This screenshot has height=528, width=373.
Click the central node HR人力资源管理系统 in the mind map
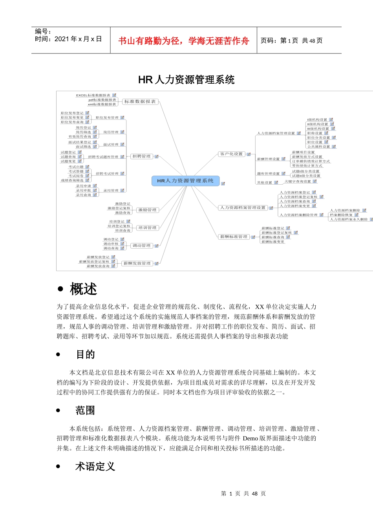pos(185,181)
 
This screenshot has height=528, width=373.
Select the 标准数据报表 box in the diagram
pos(140,102)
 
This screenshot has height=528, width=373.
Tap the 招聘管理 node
pos(141,156)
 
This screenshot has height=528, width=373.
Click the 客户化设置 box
pos(231,154)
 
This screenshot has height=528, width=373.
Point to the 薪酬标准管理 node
pos(234,237)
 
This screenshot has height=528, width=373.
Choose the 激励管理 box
pos(147,210)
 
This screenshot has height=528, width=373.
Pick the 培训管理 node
pos(147,228)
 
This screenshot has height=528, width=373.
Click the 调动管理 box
pos(141,246)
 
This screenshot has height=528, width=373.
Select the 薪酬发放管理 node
pos(137,263)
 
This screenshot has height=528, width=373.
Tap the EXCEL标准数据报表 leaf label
pos(93,95)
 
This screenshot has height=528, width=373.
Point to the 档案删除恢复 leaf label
pos(341,215)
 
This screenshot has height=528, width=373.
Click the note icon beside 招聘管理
pos(156,157)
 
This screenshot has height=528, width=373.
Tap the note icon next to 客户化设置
pos(248,154)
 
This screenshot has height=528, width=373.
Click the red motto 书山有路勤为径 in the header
pos(183,41)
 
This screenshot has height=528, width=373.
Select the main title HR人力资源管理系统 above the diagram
pos(186,80)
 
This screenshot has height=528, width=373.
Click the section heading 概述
pos(83,289)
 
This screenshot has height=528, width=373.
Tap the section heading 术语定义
pos(95,466)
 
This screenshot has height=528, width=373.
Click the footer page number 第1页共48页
pos(243,493)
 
